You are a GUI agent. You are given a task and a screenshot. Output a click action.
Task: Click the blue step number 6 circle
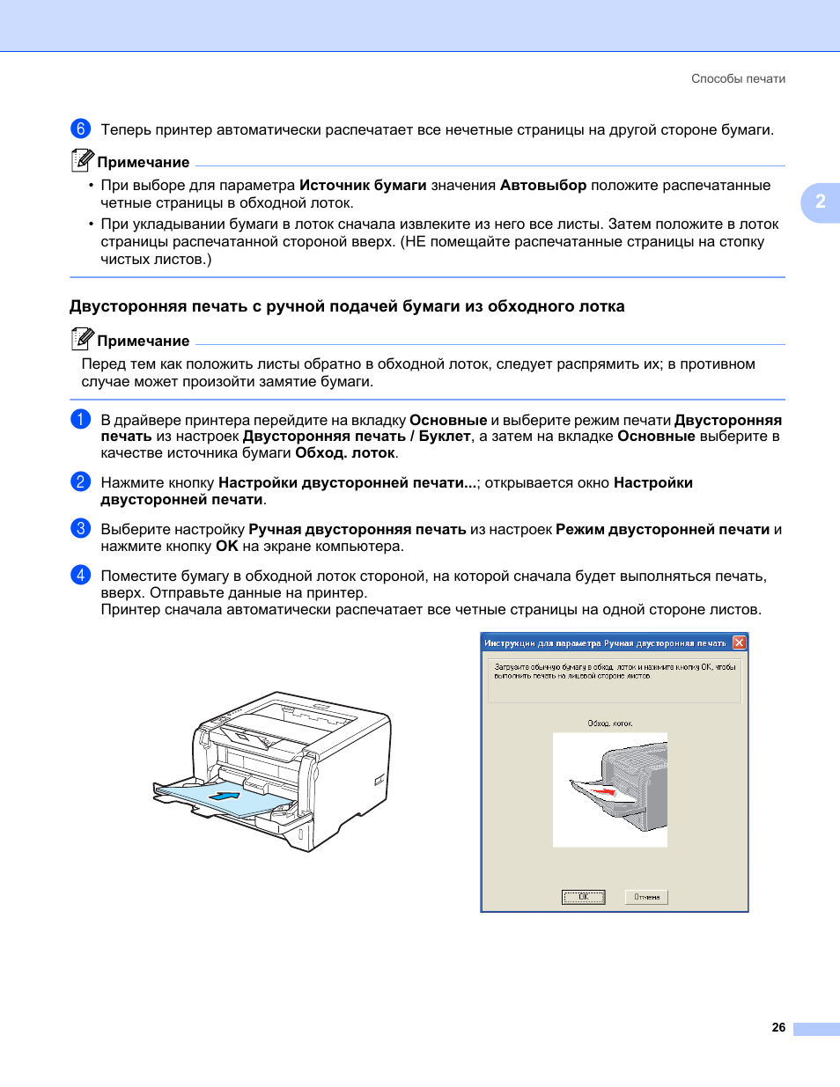(x=80, y=129)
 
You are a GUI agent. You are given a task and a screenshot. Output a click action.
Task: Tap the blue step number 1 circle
(x=80, y=419)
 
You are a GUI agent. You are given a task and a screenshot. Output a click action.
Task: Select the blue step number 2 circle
(x=80, y=481)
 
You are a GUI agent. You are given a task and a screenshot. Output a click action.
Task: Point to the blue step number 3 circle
(x=80, y=528)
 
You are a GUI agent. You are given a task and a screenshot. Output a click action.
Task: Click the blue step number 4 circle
(x=80, y=575)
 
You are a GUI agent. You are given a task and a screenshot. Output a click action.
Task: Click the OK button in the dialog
(x=583, y=897)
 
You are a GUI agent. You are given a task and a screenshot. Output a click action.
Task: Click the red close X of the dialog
(x=739, y=643)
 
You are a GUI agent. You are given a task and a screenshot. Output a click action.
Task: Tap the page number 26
(x=778, y=1027)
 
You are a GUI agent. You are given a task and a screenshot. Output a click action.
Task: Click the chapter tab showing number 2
(x=820, y=202)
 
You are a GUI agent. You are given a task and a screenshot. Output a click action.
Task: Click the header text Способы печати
(x=738, y=78)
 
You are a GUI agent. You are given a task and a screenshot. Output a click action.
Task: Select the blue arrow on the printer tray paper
(x=225, y=796)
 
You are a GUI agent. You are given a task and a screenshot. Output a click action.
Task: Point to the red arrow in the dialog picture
(x=603, y=791)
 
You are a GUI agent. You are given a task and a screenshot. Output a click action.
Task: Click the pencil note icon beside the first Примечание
(x=82, y=160)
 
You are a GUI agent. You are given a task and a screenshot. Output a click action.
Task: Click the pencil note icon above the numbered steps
(x=82, y=339)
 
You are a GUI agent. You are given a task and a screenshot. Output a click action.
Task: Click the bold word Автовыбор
(x=542, y=185)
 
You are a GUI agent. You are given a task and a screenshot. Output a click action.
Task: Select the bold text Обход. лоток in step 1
(x=345, y=453)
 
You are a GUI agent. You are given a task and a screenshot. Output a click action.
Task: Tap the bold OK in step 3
(x=227, y=546)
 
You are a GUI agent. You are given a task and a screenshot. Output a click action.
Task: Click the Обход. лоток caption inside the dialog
(x=609, y=723)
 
